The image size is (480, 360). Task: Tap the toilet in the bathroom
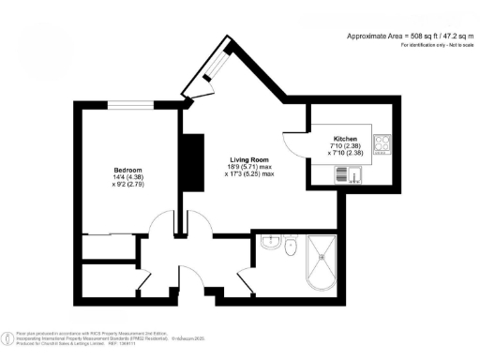[x=291, y=249]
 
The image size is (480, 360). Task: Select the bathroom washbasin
[x=270, y=242]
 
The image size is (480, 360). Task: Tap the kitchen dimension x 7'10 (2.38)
[x=344, y=153]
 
